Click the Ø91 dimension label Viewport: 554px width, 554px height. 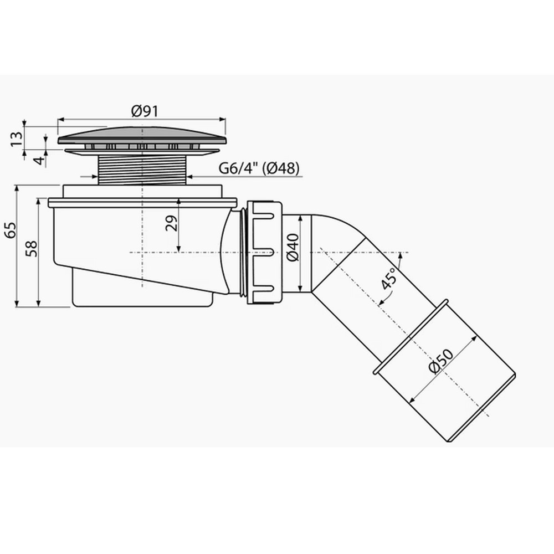(x=145, y=111)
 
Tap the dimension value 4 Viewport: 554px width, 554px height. (x=40, y=161)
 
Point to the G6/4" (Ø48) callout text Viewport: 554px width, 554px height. (x=259, y=168)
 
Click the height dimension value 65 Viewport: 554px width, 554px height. (x=10, y=230)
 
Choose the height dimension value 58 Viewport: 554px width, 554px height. (x=32, y=249)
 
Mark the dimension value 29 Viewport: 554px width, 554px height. (x=172, y=223)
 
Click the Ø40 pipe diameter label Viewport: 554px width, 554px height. (x=293, y=248)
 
